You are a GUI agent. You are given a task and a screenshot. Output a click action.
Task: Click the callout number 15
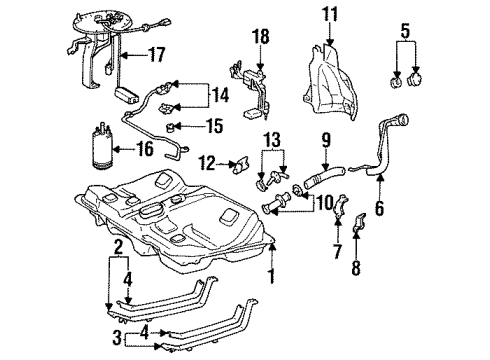click(x=213, y=126)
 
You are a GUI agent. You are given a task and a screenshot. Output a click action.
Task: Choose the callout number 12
click(x=207, y=162)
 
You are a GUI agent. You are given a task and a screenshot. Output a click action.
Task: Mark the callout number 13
click(x=272, y=138)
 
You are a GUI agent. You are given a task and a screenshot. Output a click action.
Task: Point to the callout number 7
click(x=337, y=251)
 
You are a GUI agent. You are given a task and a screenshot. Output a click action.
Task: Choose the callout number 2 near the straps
click(x=118, y=246)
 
